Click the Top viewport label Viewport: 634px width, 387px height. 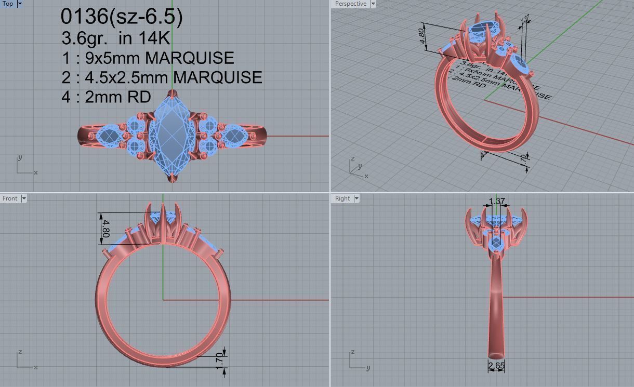7,4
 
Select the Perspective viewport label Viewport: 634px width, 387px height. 350,4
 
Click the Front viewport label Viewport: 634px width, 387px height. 10,198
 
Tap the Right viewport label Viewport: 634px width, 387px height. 342,198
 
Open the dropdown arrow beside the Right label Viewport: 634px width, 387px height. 357,198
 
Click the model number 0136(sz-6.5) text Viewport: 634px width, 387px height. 122,17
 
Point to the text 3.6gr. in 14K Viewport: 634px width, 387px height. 115,38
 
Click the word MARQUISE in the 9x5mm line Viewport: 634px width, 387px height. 189,58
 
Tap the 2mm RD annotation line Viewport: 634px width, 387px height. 106,97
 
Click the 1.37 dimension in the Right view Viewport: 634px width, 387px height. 497,202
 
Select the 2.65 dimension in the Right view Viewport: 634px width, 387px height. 496,366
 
